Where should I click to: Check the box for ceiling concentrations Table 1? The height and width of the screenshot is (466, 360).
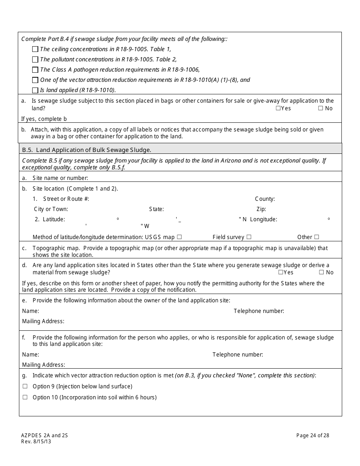point(35,49)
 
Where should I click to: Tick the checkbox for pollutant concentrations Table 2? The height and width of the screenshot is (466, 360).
point(35,59)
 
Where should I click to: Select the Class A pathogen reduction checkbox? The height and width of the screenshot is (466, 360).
point(35,70)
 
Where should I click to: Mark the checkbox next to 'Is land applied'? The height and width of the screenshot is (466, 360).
point(35,90)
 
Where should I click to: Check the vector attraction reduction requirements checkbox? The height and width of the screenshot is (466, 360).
point(35,80)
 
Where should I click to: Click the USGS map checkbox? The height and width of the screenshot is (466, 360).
point(179,237)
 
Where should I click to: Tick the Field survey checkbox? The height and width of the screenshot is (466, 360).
point(249,237)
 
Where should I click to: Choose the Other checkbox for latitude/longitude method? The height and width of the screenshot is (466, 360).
point(316,237)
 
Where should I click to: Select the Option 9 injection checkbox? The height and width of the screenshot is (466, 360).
point(25,386)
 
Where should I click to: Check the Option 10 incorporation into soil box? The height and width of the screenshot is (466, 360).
point(25,397)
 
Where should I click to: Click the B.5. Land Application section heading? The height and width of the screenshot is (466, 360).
point(87,150)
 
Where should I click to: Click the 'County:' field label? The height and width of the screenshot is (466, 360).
point(265,199)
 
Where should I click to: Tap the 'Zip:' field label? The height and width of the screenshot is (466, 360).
point(261,209)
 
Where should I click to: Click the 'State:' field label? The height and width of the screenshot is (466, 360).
point(157,209)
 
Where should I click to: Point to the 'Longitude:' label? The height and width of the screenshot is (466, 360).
point(263,219)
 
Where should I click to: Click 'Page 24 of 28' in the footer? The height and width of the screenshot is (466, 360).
point(313,435)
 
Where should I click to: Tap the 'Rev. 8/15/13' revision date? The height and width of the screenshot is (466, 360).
point(36,441)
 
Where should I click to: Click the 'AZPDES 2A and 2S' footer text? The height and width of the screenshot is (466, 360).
point(44,435)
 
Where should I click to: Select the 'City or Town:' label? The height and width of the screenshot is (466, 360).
point(51,209)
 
